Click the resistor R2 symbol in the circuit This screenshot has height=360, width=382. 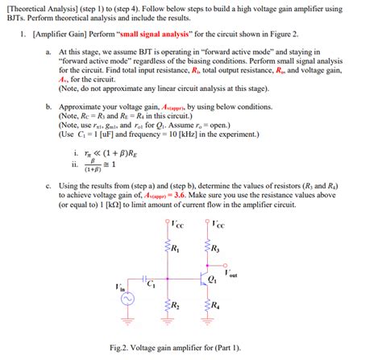167,304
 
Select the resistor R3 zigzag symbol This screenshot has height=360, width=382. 208,248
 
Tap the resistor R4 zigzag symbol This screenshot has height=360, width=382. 208,304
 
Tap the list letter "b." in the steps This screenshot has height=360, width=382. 50,106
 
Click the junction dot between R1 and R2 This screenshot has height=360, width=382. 167,278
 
